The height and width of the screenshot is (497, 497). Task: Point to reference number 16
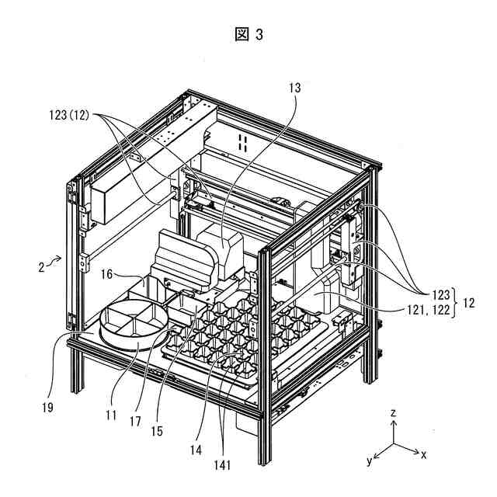pyautogui.click(x=106, y=273)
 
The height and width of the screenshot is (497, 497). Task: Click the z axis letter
pyautogui.click(x=394, y=413)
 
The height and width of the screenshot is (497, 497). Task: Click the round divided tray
pyautogui.click(x=132, y=321)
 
